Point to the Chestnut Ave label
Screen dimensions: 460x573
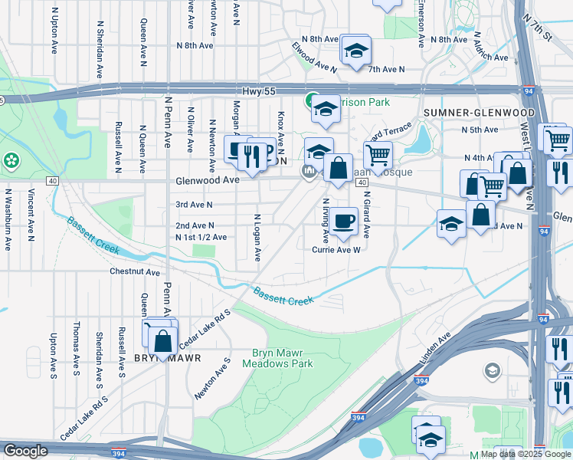pos(134,271)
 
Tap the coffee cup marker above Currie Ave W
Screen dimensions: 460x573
pos(344,221)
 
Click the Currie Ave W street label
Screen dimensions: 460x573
pos(335,249)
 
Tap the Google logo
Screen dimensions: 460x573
pos(25,451)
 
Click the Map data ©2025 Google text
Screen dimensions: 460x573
pos(525,454)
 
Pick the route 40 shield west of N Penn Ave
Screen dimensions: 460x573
pos(51,180)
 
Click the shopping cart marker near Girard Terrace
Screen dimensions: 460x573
pos(378,154)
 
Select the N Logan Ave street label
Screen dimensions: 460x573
pos(257,237)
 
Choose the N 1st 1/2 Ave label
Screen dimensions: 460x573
pos(201,238)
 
